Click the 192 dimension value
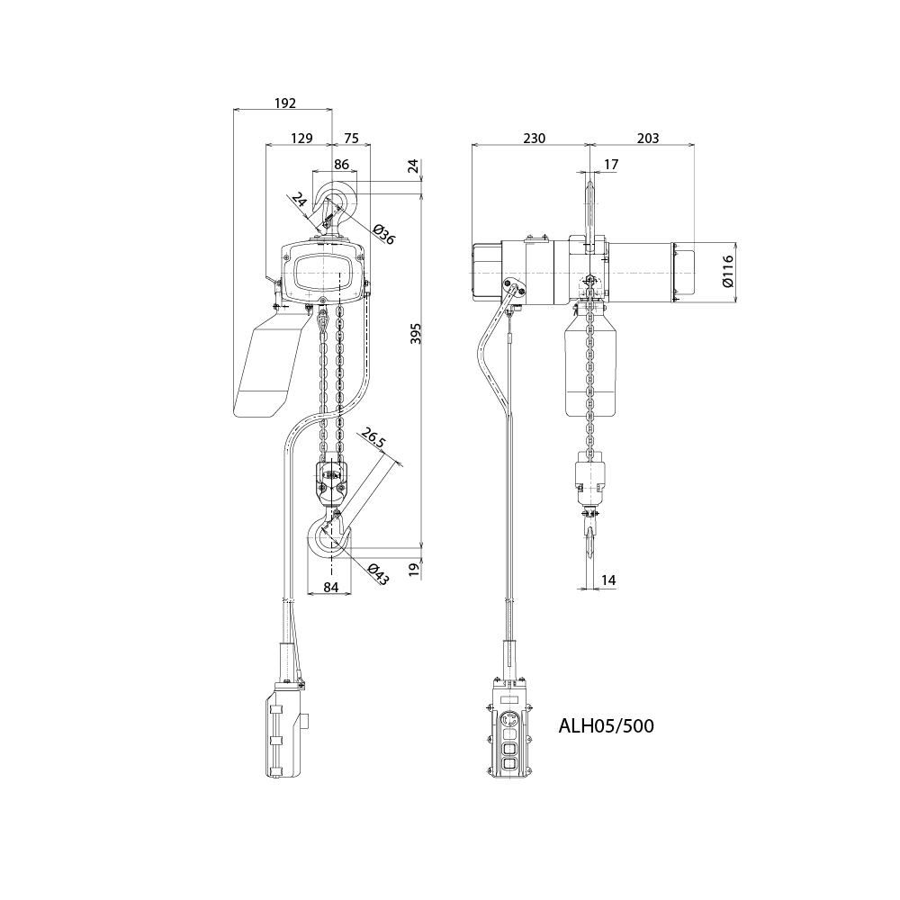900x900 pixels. (284, 103)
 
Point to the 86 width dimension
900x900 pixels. (342, 165)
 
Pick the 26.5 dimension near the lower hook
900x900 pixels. (372, 438)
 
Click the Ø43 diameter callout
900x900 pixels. (378, 574)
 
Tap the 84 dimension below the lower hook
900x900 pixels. (330, 588)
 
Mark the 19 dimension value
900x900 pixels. (415, 569)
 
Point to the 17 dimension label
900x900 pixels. (611, 165)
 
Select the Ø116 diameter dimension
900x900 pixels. (728, 270)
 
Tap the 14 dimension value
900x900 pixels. (608, 581)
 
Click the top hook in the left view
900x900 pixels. (336, 205)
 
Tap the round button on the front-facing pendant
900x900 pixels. (510, 720)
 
